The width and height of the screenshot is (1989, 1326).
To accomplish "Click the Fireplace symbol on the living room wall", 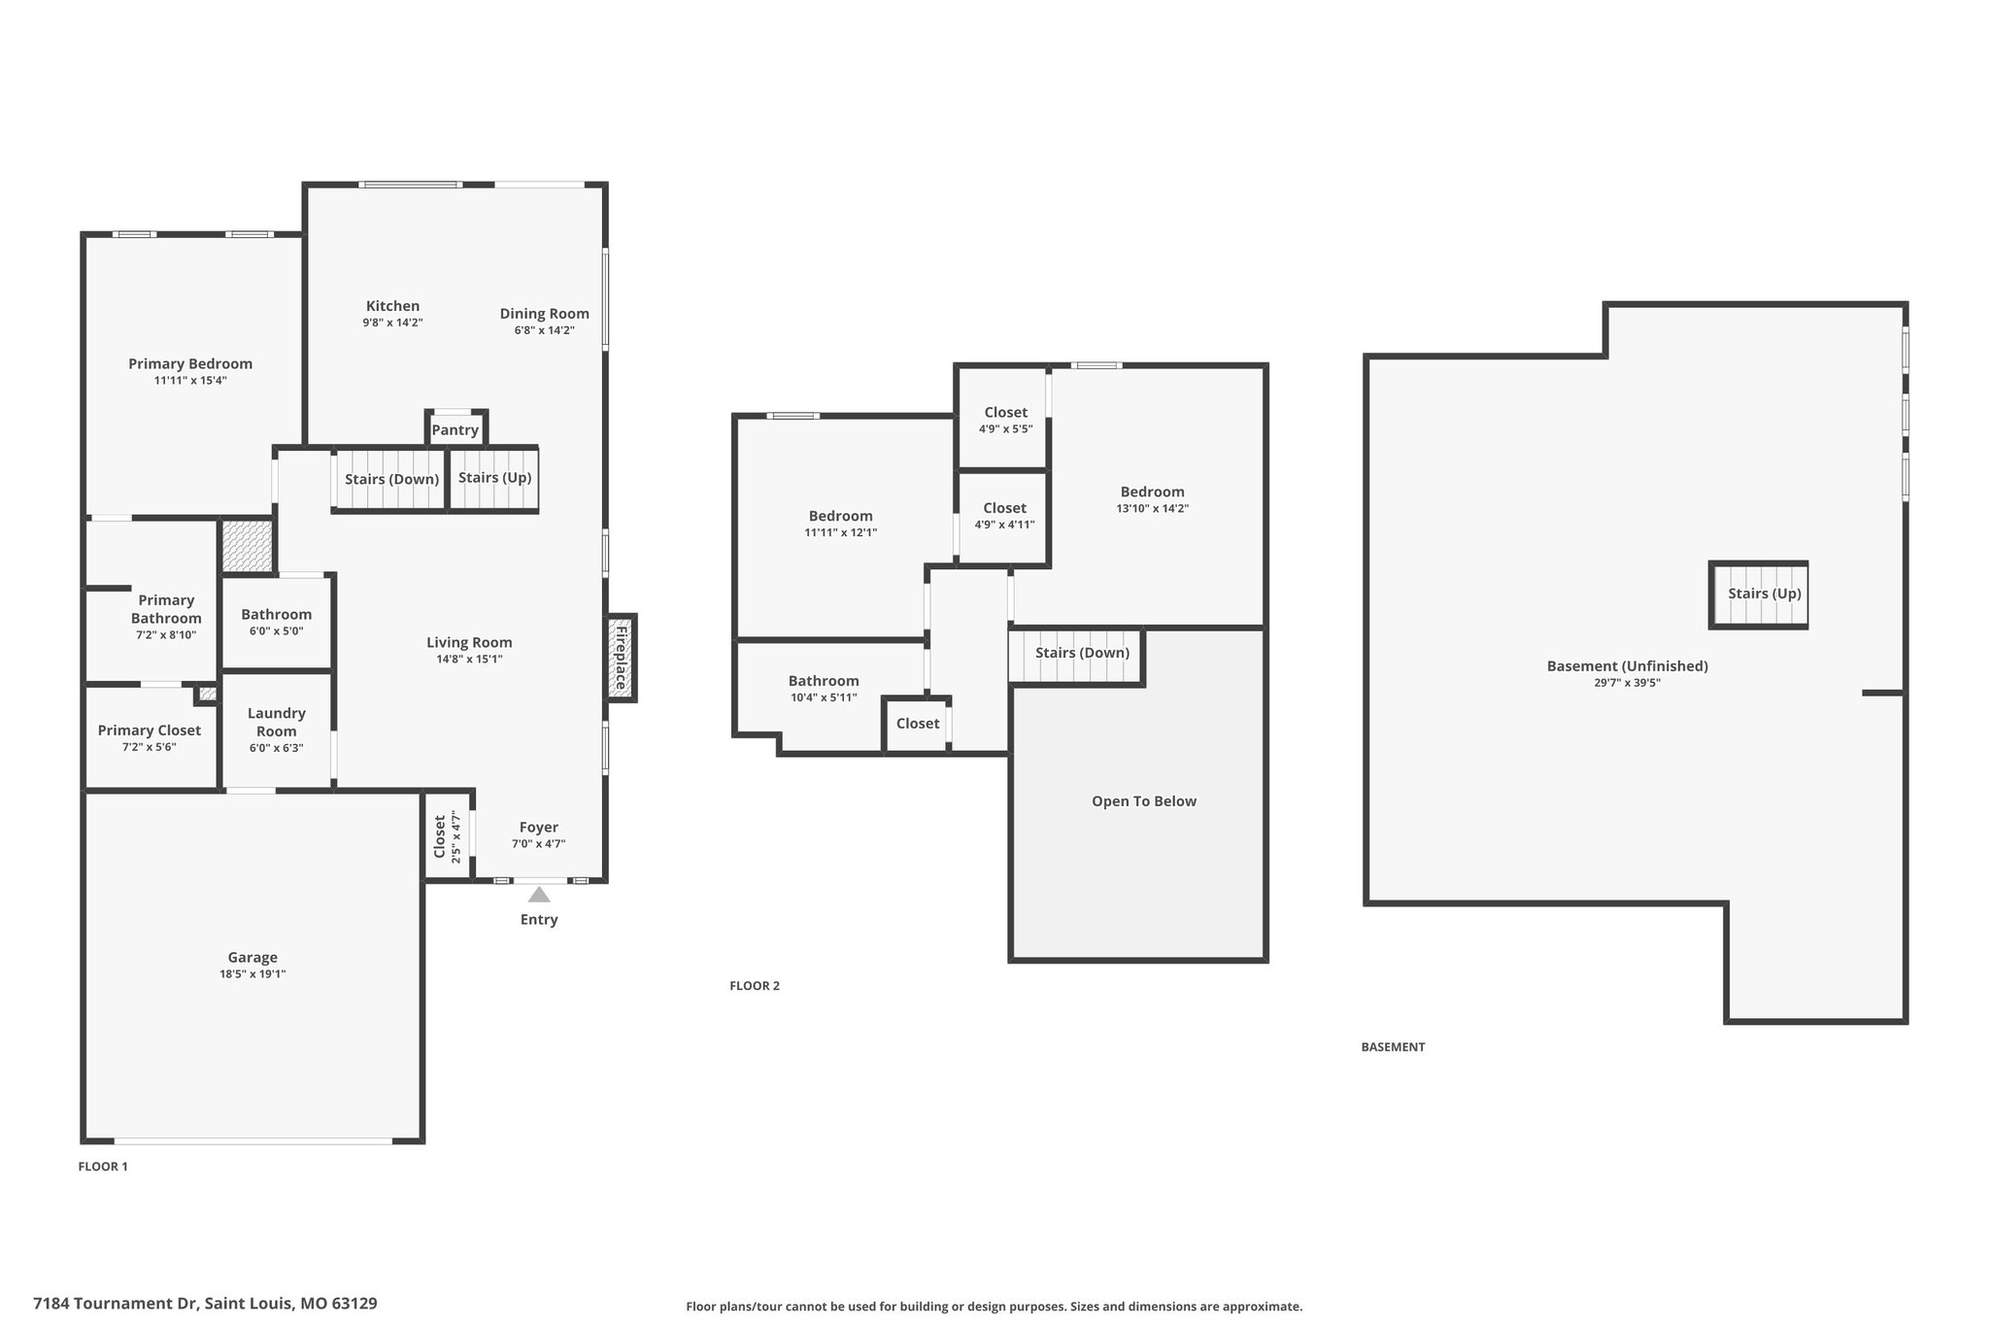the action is pos(622,658).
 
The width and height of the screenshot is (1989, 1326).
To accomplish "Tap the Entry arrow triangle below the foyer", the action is pos(539,894).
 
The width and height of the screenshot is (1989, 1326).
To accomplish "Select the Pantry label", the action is pos(455,430).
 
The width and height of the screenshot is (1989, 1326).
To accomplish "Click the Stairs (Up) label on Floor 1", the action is pos(494,478).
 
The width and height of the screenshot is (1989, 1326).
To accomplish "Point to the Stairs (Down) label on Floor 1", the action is pos(392,479).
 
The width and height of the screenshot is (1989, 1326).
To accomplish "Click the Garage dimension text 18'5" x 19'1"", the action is pos(253,974).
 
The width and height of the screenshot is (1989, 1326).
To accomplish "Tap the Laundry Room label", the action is pos(277,723).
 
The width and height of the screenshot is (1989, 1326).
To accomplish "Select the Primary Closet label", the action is pos(150,731).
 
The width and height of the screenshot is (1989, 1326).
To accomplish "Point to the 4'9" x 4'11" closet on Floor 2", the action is pos(1003,517).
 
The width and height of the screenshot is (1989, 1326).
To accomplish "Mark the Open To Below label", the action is pos(1144,801).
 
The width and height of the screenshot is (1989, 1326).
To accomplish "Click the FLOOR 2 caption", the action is pos(755,986).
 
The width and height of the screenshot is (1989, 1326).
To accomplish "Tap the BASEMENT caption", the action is pos(1393,1047).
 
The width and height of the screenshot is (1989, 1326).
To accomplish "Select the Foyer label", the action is pos(539,828).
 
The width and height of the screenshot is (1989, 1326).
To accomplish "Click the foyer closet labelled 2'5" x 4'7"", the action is pos(448,836).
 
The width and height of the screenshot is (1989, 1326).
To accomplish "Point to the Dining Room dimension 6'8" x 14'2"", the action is pos(545,330).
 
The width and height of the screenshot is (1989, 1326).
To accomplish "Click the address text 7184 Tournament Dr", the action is pos(116,1304).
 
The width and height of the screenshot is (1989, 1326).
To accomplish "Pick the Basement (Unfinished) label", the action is pos(1628,666).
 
